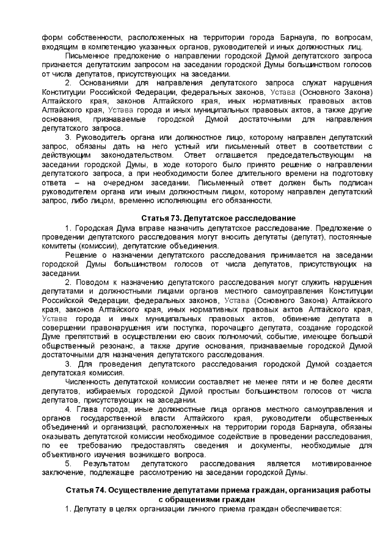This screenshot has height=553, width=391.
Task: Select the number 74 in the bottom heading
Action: click(98, 490)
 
